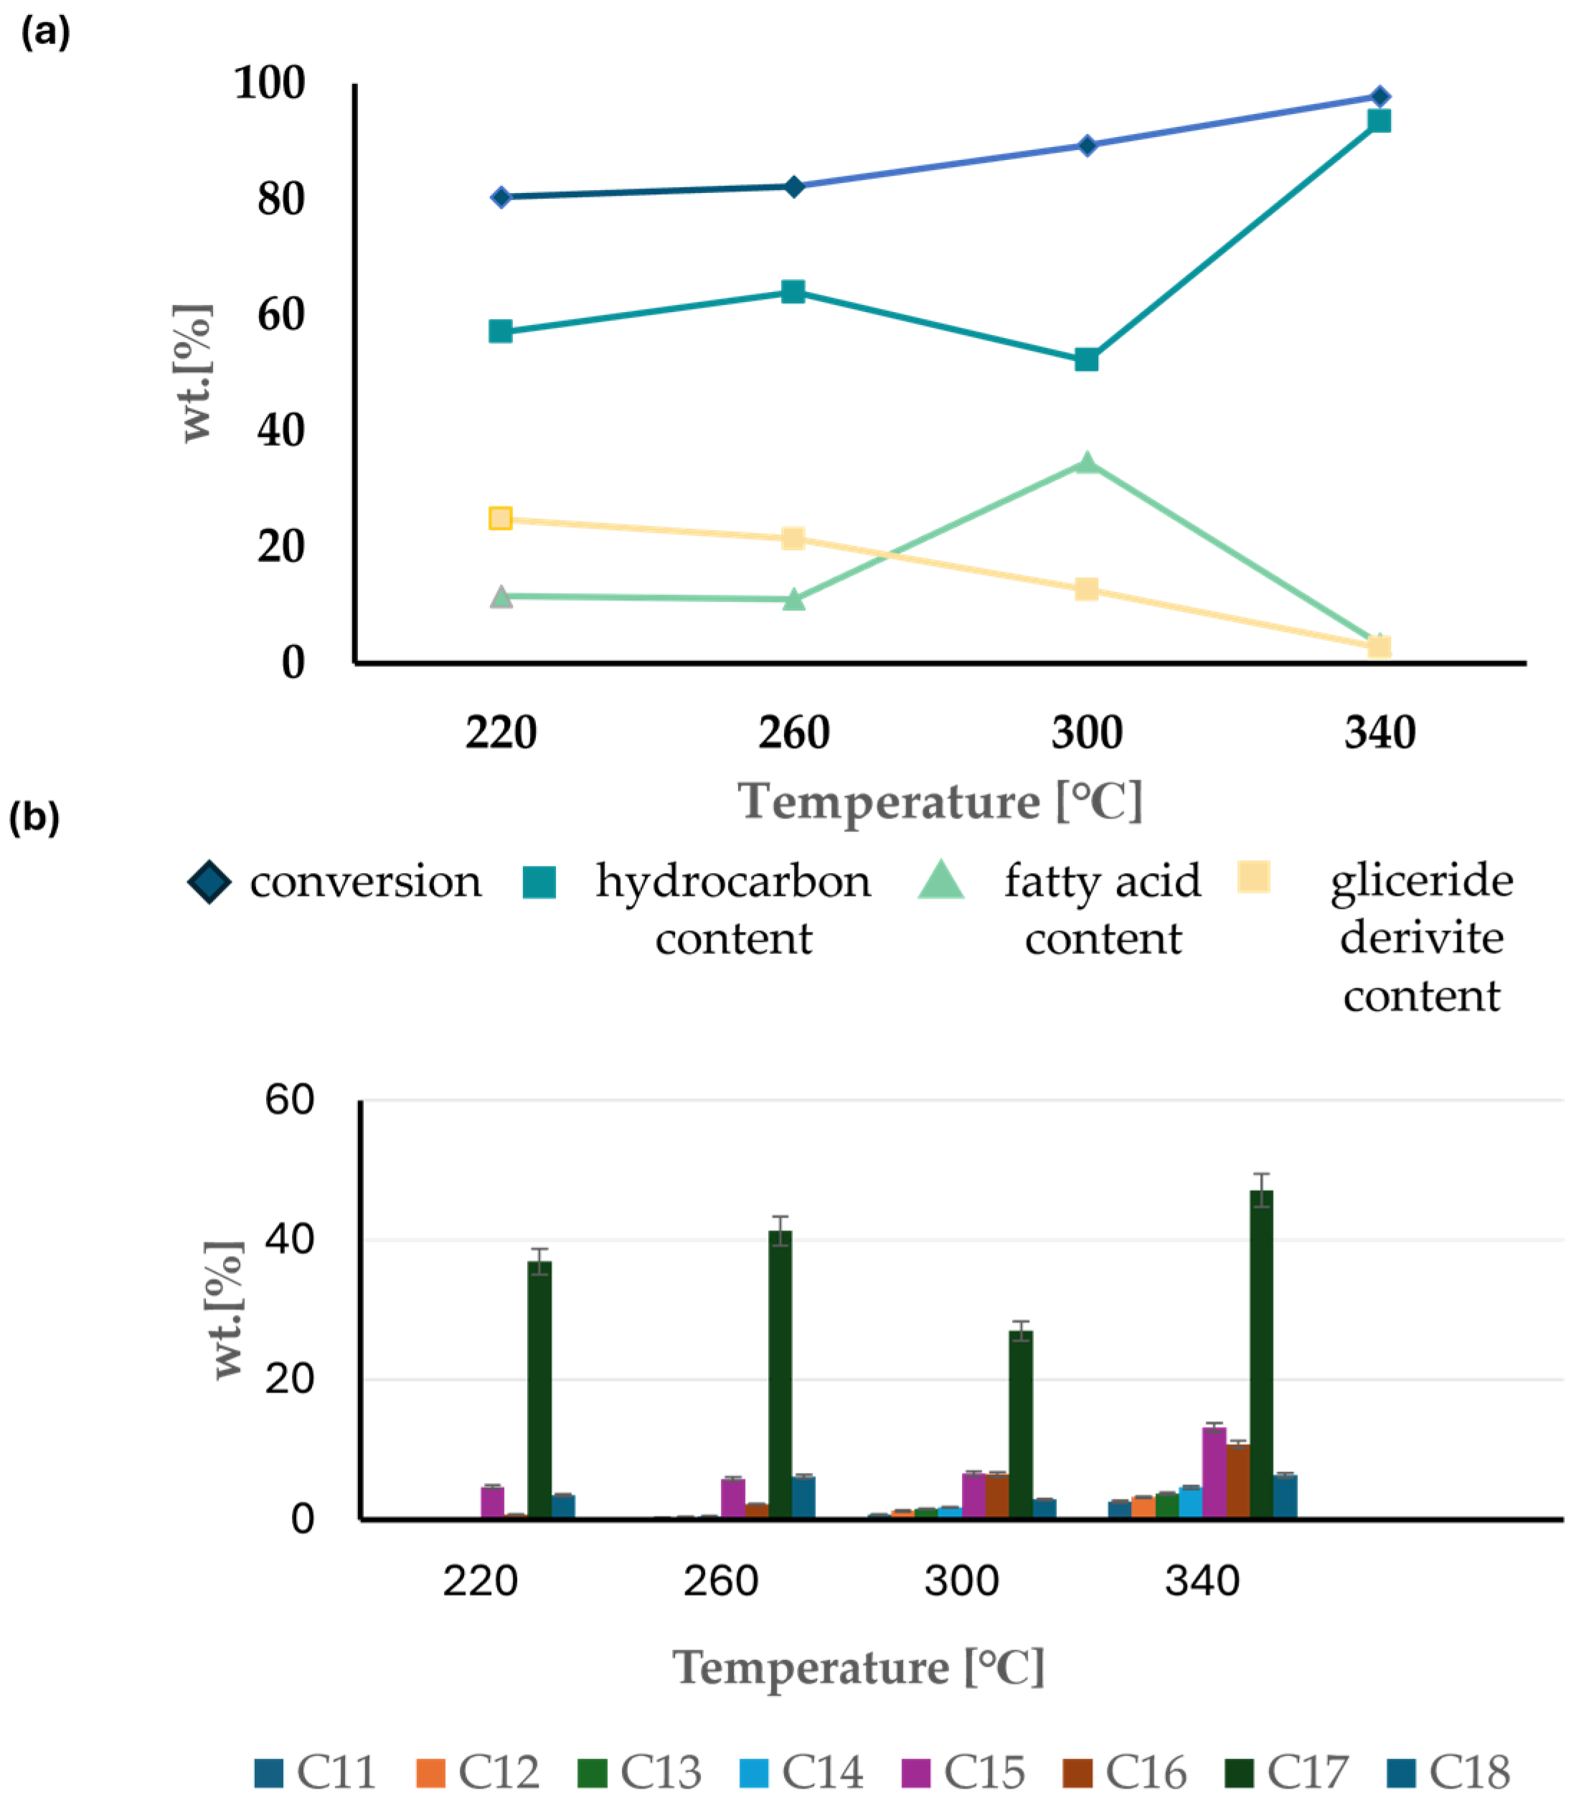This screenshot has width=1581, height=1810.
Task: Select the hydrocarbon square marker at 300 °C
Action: [1086, 360]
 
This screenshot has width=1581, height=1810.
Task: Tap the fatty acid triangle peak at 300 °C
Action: [1087, 463]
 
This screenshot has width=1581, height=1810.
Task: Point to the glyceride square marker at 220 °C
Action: [500, 518]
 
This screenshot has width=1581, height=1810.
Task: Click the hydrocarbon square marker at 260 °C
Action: [793, 292]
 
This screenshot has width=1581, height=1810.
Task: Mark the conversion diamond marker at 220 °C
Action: [500, 197]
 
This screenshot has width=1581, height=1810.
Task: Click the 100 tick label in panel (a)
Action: [270, 84]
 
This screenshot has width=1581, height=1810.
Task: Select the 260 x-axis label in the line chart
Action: [793, 732]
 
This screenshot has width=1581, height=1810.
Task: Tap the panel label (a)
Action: [45, 33]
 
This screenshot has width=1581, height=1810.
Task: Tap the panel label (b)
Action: [34, 817]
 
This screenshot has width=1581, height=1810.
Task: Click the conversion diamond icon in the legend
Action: [209, 882]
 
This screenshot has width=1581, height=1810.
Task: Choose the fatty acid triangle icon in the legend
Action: [940, 880]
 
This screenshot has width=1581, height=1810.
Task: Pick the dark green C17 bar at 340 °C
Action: [1262, 1354]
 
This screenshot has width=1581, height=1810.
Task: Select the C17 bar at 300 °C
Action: [1021, 1425]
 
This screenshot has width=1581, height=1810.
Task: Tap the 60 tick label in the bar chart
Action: [289, 1100]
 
